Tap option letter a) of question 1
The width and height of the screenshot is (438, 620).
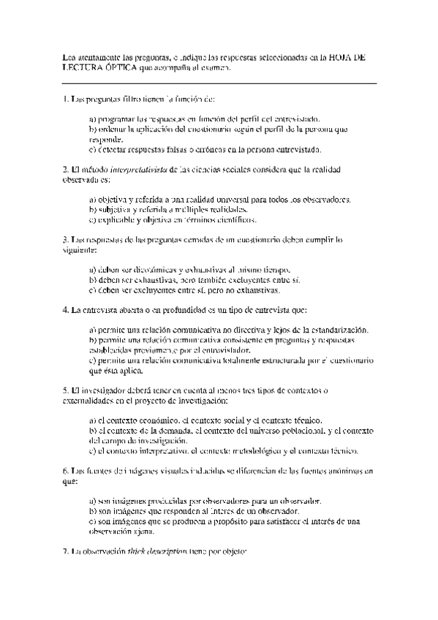pos(92,118)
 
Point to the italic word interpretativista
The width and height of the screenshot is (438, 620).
pos(137,170)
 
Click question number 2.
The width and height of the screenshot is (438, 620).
pos(66,170)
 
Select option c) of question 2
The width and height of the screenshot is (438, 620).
pos(92,219)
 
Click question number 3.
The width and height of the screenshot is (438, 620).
pos(66,239)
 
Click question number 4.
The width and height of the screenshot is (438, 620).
pos(66,309)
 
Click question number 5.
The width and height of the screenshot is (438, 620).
pos(66,390)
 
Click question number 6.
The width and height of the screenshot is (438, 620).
pos(66,472)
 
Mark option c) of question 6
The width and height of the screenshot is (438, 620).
pos(92,521)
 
